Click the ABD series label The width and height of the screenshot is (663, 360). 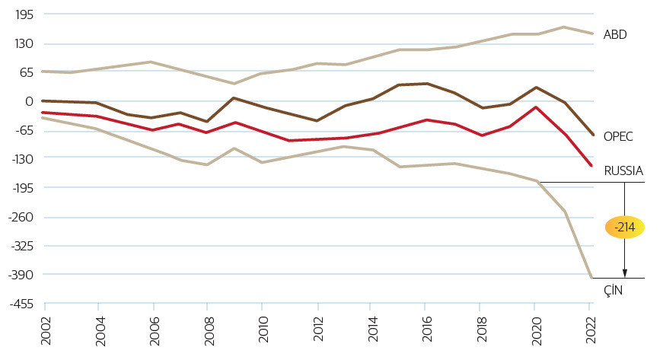click(614, 34)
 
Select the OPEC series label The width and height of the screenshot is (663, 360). click(618, 136)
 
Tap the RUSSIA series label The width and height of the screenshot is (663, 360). click(623, 170)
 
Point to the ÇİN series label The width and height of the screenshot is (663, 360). click(613, 289)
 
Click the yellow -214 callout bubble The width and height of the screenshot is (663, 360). click(624, 228)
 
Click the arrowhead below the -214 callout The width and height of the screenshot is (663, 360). click(624, 273)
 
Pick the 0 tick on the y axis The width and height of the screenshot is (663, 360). click(29, 101)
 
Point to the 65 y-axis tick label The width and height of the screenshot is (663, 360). click(26, 72)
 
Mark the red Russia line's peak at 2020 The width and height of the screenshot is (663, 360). click(536, 107)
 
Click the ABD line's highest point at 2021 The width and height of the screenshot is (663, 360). click(563, 27)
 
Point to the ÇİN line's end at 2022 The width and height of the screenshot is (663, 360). click(591, 278)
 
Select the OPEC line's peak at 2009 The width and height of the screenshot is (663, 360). click(234, 97)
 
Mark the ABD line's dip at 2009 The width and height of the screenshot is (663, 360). click(234, 84)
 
